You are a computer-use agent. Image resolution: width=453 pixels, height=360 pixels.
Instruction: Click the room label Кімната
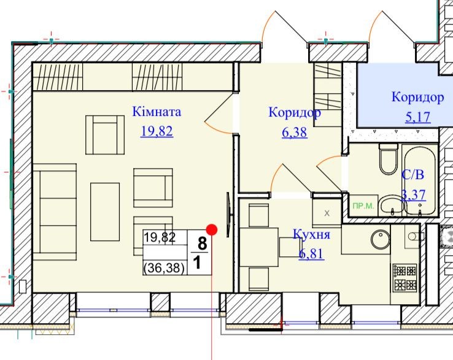tap(157, 112)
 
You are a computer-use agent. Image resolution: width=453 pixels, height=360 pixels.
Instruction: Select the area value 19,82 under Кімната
tap(157, 131)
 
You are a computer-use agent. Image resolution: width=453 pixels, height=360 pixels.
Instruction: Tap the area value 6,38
tap(295, 132)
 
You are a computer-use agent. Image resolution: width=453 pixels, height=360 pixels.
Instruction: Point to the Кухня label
tap(312, 234)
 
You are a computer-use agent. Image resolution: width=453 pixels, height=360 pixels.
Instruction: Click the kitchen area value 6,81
tap(311, 254)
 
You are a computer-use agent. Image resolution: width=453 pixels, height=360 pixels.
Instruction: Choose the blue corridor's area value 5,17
tap(418, 117)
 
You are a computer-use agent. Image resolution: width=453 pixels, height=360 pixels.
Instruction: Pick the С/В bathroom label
tap(413, 175)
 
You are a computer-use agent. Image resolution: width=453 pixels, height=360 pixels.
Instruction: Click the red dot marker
tap(212, 230)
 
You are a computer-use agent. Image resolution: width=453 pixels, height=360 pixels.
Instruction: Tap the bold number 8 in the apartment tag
tap(202, 243)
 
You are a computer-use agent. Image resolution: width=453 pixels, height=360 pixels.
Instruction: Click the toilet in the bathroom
tap(389, 159)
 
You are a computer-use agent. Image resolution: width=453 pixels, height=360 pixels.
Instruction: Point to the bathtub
tap(420, 181)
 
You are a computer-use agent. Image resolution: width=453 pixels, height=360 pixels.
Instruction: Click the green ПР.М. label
tap(363, 206)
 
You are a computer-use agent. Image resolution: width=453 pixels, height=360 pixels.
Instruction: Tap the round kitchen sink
tap(381, 239)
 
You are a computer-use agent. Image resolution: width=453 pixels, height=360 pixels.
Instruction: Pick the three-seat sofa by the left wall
tap(55, 212)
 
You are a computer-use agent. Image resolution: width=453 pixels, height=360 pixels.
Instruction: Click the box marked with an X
tap(327, 213)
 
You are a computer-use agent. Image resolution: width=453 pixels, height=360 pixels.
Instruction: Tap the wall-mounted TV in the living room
tap(228, 215)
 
